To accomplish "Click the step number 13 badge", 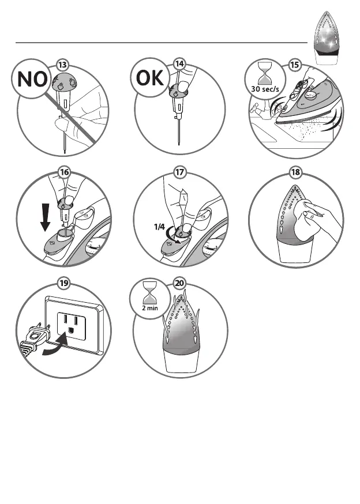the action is (x=62, y=65).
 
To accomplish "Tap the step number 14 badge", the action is (x=179, y=63).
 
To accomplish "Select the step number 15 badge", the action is (x=294, y=65).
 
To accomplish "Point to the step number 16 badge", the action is (x=64, y=172).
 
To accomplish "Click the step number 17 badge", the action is (x=179, y=172).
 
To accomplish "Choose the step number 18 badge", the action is (x=295, y=172).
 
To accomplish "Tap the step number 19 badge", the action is (x=63, y=283).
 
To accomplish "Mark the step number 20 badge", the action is (x=179, y=283).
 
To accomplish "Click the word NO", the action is (x=32, y=79).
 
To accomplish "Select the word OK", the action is (x=149, y=78).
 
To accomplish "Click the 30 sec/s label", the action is (x=265, y=89).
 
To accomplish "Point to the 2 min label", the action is (x=150, y=308).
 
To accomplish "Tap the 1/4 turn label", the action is (x=159, y=227).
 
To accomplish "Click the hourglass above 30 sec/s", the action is (x=265, y=74).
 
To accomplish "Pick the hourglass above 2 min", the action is (x=150, y=294).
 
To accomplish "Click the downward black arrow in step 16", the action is (x=46, y=217).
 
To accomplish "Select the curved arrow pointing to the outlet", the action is (x=55, y=347).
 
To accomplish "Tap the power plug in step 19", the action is (x=35, y=338).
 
